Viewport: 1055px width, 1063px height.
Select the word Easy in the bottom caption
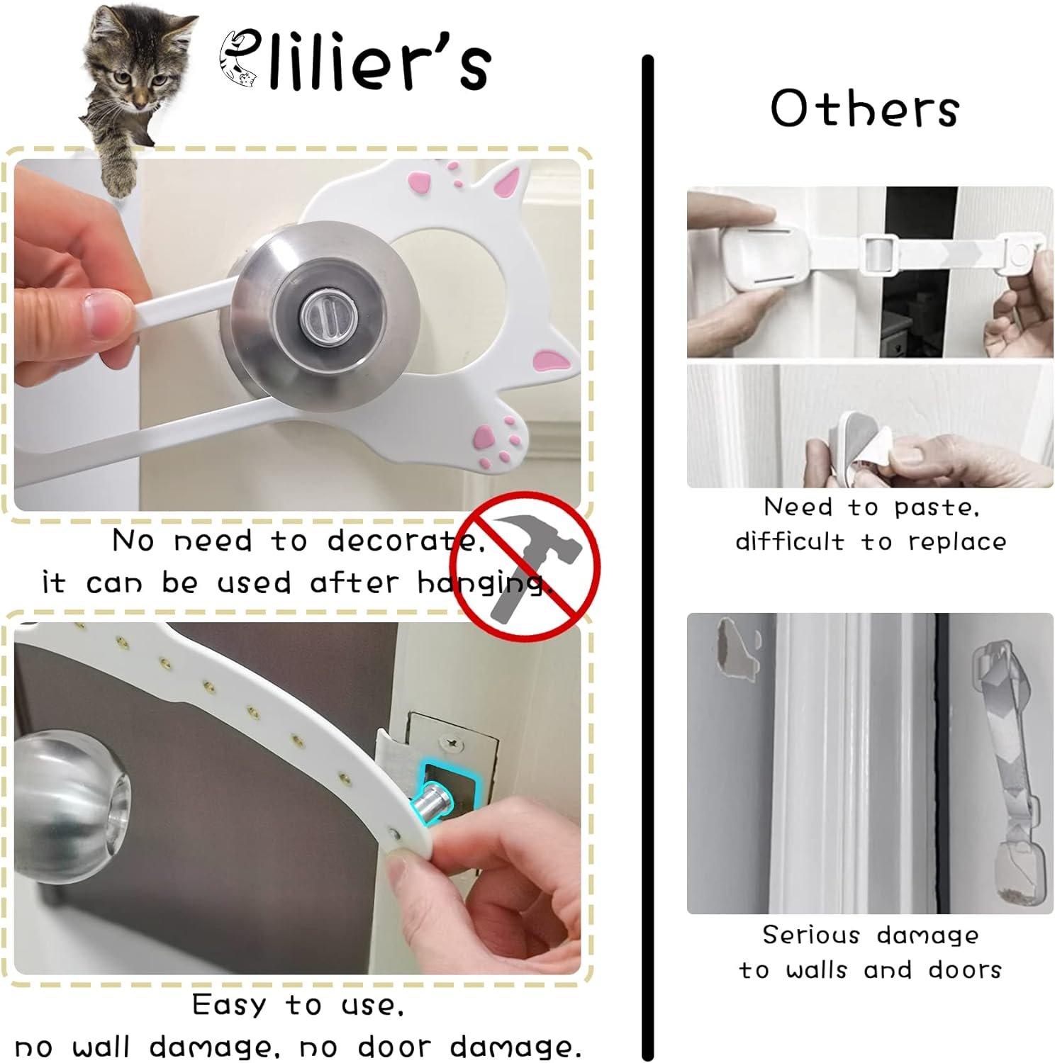pos(228,1005)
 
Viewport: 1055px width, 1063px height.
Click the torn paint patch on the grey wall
pos(737,648)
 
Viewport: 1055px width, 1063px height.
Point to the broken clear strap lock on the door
pos(1007,769)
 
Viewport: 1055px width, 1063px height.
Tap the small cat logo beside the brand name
pos(238,61)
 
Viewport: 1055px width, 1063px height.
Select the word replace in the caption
pos(957,542)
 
